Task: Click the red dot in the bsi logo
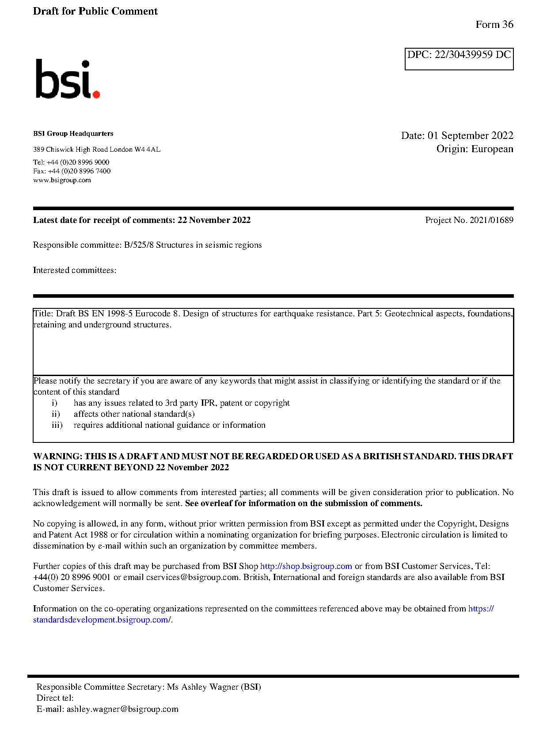(96, 94)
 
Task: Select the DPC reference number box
(459, 58)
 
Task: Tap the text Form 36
(494, 25)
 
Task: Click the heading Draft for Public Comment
(95, 12)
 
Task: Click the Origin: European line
(475, 149)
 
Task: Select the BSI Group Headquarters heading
(73, 134)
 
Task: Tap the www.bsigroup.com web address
(62, 180)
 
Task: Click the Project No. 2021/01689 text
(469, 220)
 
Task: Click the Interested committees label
(75, 270)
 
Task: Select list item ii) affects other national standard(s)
(134, 414)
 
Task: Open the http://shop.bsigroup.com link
(306, 566)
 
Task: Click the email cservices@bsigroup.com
(192, 577)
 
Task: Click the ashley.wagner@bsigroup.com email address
(122, 709)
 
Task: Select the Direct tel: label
(55, 698)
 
